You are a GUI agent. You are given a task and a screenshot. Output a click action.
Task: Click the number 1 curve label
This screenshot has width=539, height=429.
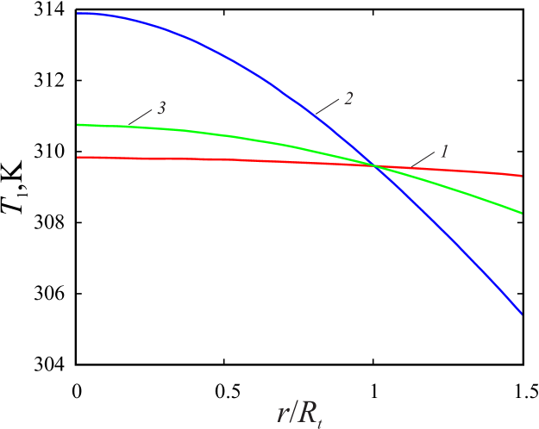(x=444, y=152)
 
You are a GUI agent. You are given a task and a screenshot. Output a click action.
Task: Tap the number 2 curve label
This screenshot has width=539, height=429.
(x=348, y=98)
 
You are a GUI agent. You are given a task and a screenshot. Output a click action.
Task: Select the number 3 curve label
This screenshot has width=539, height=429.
(x=161, y=109)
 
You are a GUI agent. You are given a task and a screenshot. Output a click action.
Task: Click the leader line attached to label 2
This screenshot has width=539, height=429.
(x=327, y=106)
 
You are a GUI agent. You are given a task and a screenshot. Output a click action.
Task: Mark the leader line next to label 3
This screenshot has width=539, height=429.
(x=140, y=117)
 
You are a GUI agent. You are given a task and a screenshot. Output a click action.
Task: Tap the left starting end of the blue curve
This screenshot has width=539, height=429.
(x=78, y=14)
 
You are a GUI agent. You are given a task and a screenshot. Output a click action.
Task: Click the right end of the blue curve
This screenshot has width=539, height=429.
(x=521, y=312)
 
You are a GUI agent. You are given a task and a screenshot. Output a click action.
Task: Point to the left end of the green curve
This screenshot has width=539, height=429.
(x=78, y=125)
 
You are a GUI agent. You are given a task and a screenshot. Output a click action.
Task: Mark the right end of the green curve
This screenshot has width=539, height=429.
(x=521, y=212)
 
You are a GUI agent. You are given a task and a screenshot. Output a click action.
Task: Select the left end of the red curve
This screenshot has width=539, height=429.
(x=78, y=157)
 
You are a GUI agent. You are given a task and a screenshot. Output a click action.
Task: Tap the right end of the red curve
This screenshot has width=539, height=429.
(x=521, y=175)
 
